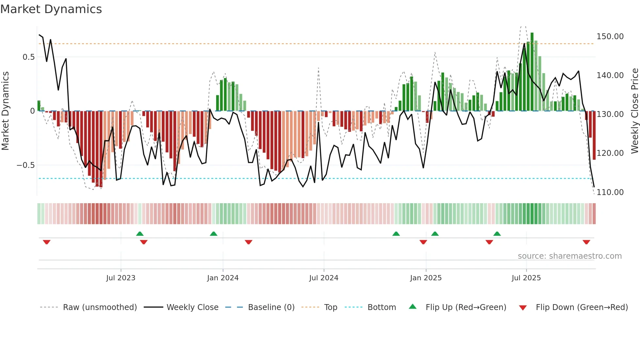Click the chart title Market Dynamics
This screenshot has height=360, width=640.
[51, 9]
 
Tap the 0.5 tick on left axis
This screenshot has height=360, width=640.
[28, 57]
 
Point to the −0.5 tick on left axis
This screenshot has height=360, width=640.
[26, 165]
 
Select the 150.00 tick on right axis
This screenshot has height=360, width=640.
[610, 37]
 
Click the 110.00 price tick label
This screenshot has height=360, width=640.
[610, 192]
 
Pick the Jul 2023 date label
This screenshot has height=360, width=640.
[120, 278]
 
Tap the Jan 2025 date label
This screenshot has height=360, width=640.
[425, 278]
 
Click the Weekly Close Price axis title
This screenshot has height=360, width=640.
[634, 111]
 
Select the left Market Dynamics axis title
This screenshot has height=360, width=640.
[5, 111]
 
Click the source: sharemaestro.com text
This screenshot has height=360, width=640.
[569, 256]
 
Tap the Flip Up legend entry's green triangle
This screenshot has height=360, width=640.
[413, 307]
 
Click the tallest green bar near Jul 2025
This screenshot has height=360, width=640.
[532, 72]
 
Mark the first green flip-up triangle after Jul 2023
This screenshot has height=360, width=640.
[140, 234]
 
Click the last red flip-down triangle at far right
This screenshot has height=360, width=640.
[586, 242]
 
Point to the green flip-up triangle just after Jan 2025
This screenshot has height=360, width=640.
[435, 234]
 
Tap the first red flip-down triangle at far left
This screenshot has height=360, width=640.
[47, 242]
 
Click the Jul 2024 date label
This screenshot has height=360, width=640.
[324, 278]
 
